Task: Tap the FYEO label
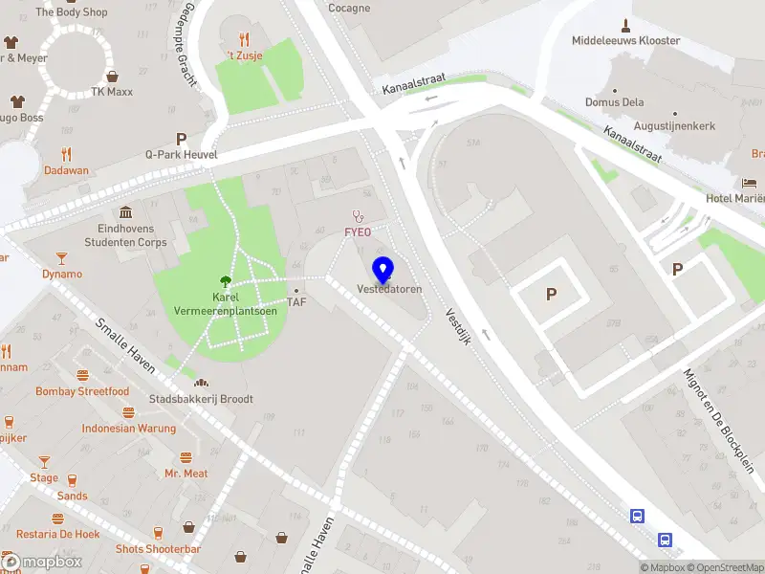[359, 232]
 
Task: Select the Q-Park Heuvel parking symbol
[181, 139]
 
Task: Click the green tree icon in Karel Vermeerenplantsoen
[225, 281]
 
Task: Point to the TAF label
[296, 302]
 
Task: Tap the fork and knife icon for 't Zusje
[245, 39]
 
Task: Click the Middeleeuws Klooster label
[626, 41]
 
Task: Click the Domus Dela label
[615, 102]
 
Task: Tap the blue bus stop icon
[637, 516]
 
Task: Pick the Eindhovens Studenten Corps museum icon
[126, 212]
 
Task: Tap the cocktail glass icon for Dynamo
[62, 258]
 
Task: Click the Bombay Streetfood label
[82, 391]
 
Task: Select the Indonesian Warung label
[129, 429]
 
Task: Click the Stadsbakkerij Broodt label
[201, 399]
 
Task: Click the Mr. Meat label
[186, 474]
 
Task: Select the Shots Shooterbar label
[158, 549]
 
